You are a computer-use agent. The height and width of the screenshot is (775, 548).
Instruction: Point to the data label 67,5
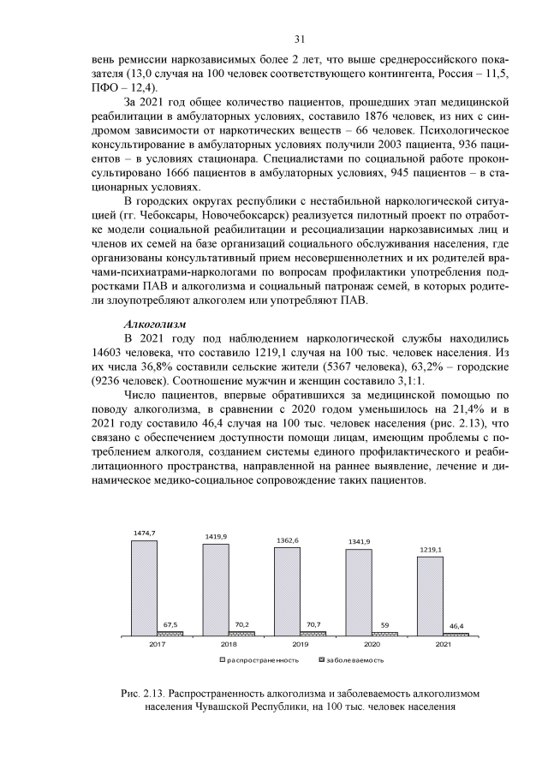(x=170, y=625)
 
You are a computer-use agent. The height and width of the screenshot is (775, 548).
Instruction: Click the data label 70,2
(x=241, y=625)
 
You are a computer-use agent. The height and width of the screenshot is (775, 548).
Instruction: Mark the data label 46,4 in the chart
(x=456, y=627)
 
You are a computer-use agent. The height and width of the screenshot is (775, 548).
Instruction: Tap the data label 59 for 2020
(x=384, y=626)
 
